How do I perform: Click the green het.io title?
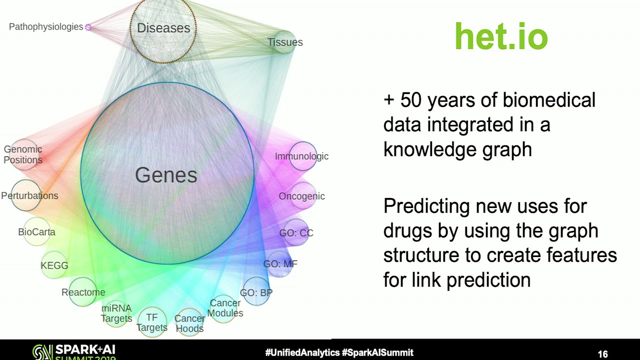coord(501,36)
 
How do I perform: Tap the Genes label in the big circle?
coord(166,175)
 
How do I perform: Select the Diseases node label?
coord(163,28)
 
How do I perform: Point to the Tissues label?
coord(285,42)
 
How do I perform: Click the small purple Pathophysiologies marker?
coord(88,27)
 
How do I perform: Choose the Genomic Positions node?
coord(24,155)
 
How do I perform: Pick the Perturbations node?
coord(26,195)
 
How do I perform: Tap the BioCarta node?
coord(37,231)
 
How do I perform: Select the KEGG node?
coord(54,265)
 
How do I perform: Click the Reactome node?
coord(83,292)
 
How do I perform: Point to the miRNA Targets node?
coord(116,313)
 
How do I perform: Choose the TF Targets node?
coord(152,322)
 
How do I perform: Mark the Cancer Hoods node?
coord(189,322)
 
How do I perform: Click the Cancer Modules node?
coord(224,309)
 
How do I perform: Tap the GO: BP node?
coord(256,291)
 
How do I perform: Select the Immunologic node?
coord(303,156)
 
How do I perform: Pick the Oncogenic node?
coord(303,195)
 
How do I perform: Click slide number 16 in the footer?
coord(603,354)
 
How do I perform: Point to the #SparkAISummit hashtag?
coord(377,352)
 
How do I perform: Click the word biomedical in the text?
coord(549,100)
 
